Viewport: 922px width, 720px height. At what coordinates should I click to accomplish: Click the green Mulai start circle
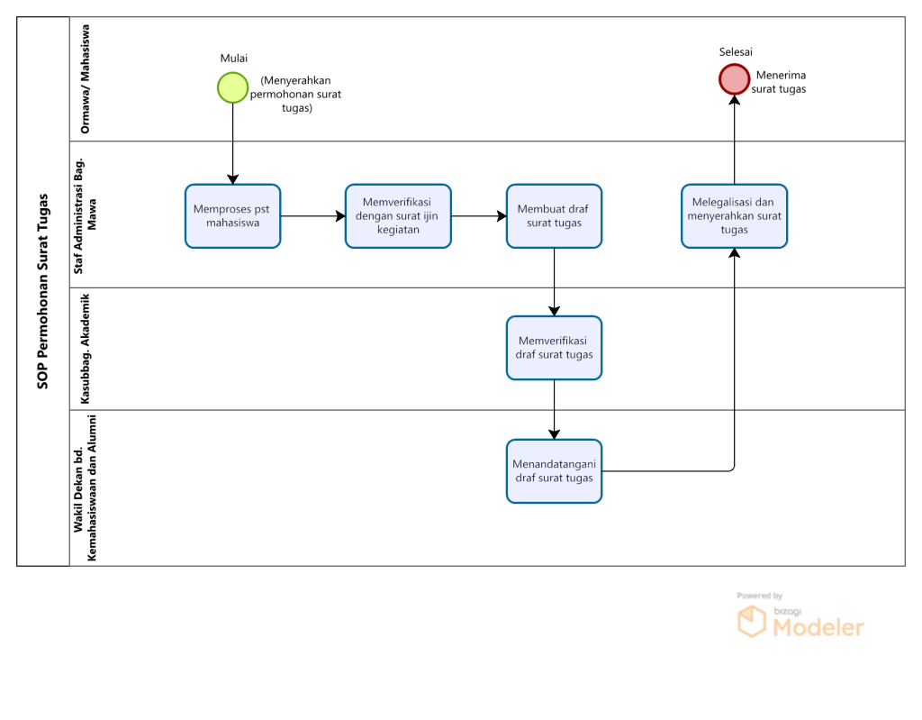[x=233, y=87]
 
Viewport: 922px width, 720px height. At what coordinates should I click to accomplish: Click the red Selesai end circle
[x=735, y=79]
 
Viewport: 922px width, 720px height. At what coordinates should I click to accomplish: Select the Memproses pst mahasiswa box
[x=233, y=216]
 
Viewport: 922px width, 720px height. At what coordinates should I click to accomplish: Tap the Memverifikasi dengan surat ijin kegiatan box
[x=398, y=216]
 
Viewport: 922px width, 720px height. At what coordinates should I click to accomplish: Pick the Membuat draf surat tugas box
[x=554, y=216]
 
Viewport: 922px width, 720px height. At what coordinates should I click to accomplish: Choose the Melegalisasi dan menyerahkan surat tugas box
[x=735, y=216]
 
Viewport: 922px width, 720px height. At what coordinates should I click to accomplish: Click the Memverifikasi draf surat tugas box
[x=554, y=348]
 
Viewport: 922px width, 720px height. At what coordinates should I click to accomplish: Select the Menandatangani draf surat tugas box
[x=554, y=471]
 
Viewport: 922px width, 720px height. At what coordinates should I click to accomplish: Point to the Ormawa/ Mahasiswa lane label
[x=86, y=79]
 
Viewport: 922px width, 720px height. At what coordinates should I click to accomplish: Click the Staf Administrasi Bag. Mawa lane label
[x=86, y=216]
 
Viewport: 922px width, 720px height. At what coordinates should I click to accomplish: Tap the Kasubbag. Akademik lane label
[x=86, y=349]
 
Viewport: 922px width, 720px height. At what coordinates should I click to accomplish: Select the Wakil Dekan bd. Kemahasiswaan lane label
[x=86, y=488]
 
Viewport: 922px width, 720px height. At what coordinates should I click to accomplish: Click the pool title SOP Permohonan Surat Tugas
[x=43, y=291]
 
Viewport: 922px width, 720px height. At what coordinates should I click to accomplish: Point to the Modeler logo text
[x=818, y=627]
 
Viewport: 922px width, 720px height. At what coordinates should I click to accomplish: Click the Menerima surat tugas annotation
[x=779, y=82]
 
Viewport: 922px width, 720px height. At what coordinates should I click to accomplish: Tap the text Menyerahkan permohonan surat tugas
[x=295, y=95]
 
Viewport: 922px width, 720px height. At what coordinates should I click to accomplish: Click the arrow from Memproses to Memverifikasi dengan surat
[x=312, y=216]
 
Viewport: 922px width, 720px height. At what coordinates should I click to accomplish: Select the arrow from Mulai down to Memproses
[x=233, y=143]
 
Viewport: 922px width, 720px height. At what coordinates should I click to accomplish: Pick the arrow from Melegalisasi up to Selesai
[x=735, y=140]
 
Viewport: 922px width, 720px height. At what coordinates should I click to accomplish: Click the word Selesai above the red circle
[x=736, y=51]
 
